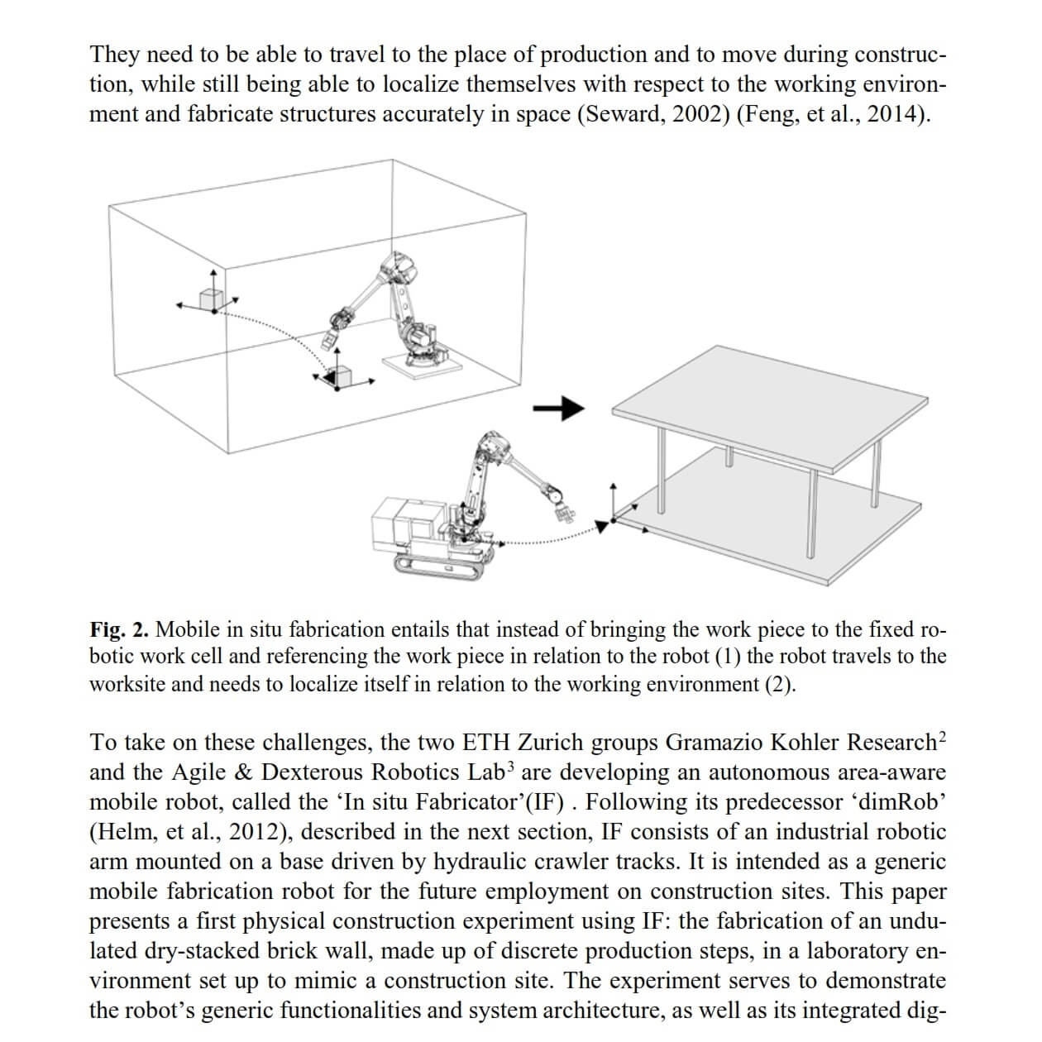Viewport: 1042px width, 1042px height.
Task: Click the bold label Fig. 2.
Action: tap(119, 630)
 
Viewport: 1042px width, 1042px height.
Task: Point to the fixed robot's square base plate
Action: tap(417, 363)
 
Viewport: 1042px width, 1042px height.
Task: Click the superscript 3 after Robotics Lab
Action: tap(511, 765)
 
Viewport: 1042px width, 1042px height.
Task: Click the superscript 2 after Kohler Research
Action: tap(942, 735)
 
